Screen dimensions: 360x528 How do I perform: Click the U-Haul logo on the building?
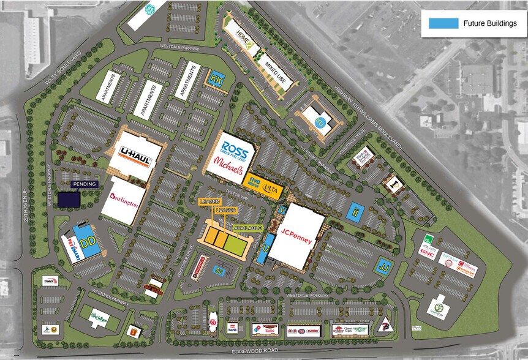(x=135, y=154)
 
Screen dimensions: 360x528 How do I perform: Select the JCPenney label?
(x=297, y=236)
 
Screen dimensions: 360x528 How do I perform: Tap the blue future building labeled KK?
(x=216, y=80)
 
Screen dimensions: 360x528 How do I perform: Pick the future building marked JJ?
(x=384, y=266)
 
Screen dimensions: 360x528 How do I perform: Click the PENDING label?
(x=83, y=184)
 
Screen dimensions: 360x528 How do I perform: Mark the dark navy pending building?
(x=69, y=200)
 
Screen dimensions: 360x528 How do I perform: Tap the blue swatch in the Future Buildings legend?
(x=443, y=23)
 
